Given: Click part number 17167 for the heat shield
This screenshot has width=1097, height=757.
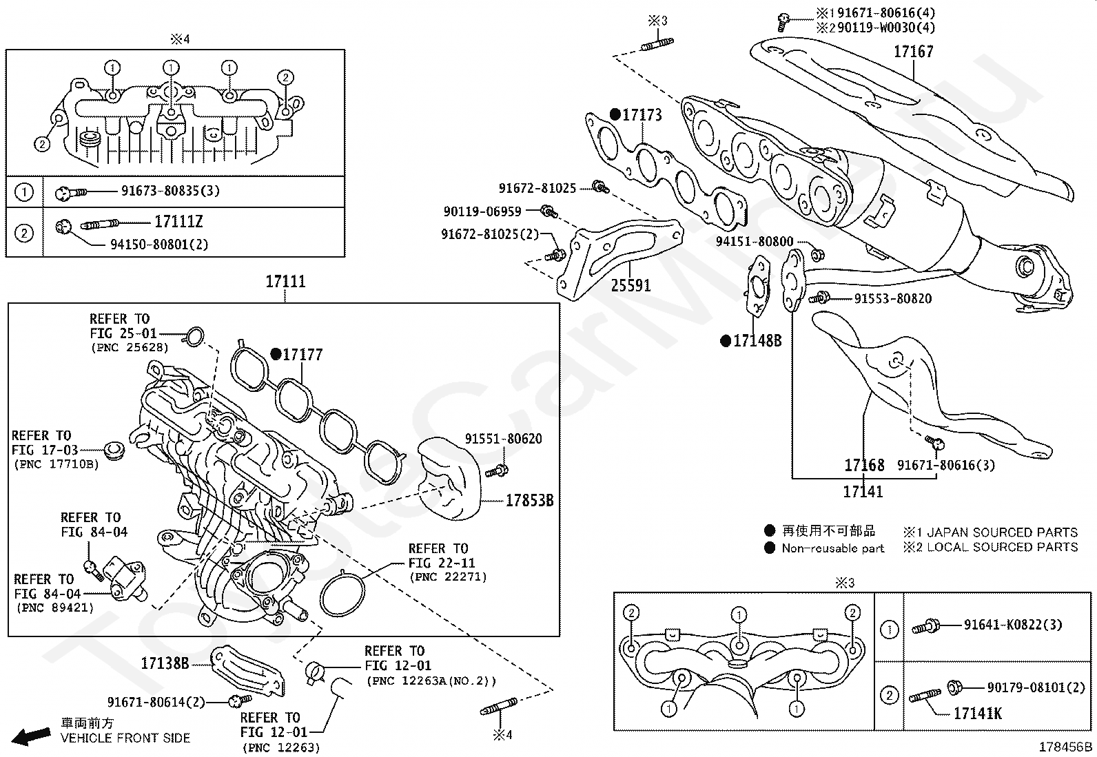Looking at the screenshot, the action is click(913, 52).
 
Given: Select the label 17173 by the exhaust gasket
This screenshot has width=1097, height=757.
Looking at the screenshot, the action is click(642, 114).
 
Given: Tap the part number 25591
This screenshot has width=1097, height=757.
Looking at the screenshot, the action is click(630, 285).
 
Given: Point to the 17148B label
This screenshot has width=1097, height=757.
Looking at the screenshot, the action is click(757, 341).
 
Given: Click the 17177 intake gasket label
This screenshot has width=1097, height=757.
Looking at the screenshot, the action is click(303, 355).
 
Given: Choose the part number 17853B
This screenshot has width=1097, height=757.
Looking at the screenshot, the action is click(529, 501).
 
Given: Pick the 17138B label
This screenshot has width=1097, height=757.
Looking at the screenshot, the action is click(165, 663).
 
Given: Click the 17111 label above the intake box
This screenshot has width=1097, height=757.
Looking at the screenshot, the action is click(285, 282).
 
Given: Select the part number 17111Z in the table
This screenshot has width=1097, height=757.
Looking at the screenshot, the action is click(178, 222).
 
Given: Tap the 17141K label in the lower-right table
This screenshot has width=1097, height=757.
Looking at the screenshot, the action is click(978, 714).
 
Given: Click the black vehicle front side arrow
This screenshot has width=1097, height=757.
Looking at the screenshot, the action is click(31, 736).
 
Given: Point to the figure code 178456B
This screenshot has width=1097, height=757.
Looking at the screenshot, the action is click(1066, 747).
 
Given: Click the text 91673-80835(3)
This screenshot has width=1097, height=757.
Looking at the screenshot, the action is click(170, 191).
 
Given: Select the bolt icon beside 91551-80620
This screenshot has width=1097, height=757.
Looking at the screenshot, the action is click(497, 471).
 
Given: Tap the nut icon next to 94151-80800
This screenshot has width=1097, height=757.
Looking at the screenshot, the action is click(818, 255).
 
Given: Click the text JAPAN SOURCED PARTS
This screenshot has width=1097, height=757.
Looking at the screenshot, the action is click(1002, 532).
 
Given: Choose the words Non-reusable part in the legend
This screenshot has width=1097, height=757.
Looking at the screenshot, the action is click(832, 548).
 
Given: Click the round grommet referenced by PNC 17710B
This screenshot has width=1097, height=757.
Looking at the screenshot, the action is click(114, 450).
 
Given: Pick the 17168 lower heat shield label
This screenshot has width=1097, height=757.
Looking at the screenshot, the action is click(864, 465).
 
